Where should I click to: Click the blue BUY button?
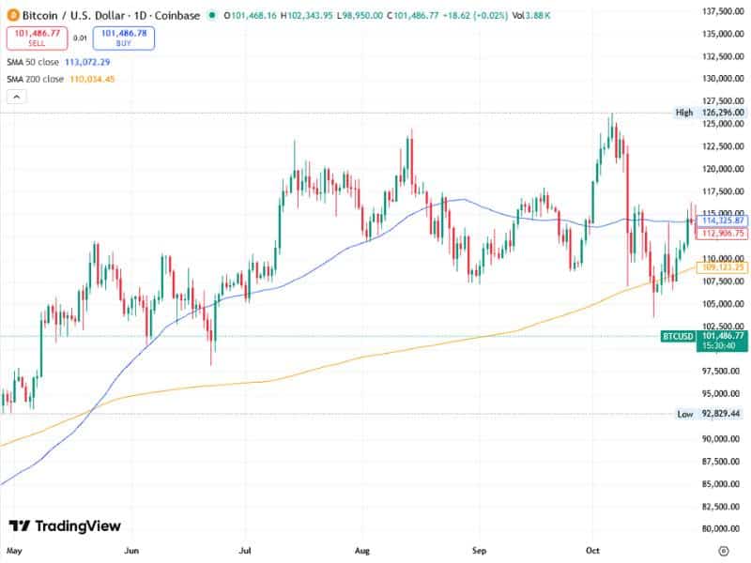point(124,38)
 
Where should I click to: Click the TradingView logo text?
point(65,526)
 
